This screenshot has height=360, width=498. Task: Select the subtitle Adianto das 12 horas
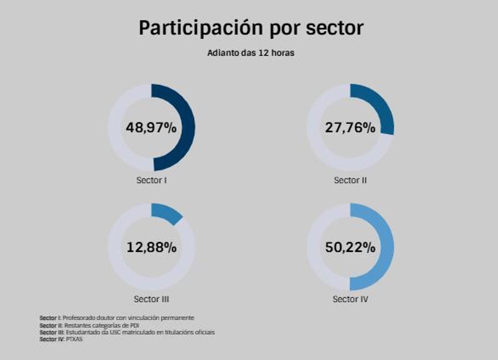(251, 53)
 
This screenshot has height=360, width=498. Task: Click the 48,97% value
(151, 128)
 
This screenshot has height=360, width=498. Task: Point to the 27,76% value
(350, 128)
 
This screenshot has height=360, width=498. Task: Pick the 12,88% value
(151, 248)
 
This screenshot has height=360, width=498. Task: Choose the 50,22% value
(350, 248)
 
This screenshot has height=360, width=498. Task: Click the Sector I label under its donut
(151, 180)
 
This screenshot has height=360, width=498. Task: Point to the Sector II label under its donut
(350, 180)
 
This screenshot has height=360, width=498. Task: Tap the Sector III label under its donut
(151, 299)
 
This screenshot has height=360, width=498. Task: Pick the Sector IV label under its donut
(350, 299)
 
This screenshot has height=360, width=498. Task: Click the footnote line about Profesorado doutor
(117, 318)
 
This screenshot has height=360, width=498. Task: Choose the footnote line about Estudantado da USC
(127, 333)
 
